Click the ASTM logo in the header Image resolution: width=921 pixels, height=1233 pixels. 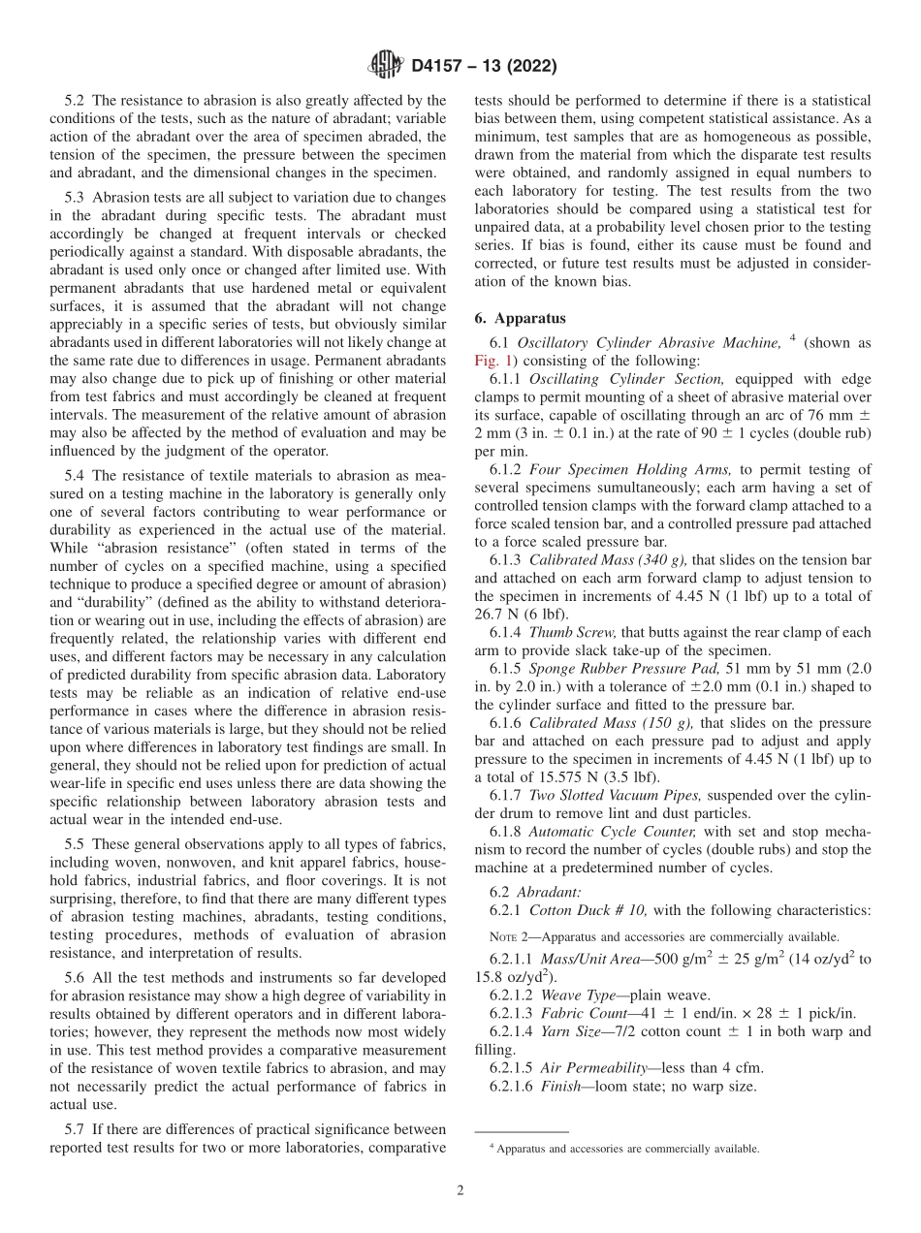386,66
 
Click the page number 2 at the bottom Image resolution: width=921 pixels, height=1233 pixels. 460,1190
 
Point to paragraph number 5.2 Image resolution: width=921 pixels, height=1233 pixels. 75,100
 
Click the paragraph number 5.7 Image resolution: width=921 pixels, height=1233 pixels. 75,1129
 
